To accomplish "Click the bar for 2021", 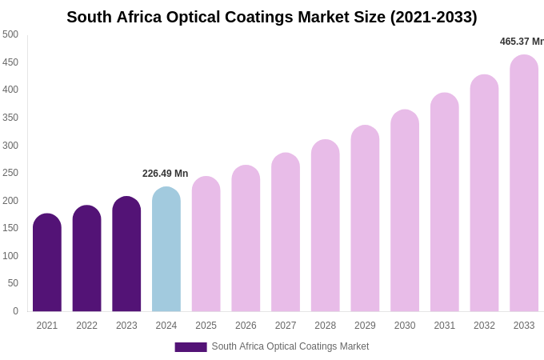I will pos(47,264).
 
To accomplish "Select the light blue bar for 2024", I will pos(166,250).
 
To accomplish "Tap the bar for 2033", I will pos(524,184).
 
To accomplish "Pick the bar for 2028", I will pos(325,226).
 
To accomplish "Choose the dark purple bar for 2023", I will pos(126,254).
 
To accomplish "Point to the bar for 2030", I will pos(405,211).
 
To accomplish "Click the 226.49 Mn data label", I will pos(165,174).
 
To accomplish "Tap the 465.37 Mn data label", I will pos(522,42).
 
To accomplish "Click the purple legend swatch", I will pos(190,347).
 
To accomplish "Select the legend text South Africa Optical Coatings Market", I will pos(290,346).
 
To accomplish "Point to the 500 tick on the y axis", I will pos(10,34).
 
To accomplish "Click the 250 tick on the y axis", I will pos(10,173).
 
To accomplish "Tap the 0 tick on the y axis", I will pos(15,311).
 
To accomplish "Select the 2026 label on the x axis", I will pos(246,326).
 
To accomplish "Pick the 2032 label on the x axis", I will pos(484,326).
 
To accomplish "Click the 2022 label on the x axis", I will pos(86,326).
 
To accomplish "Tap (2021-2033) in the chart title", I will pos(434,17).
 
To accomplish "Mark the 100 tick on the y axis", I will pos(10,256).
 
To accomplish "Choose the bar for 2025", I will pos(206,245).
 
